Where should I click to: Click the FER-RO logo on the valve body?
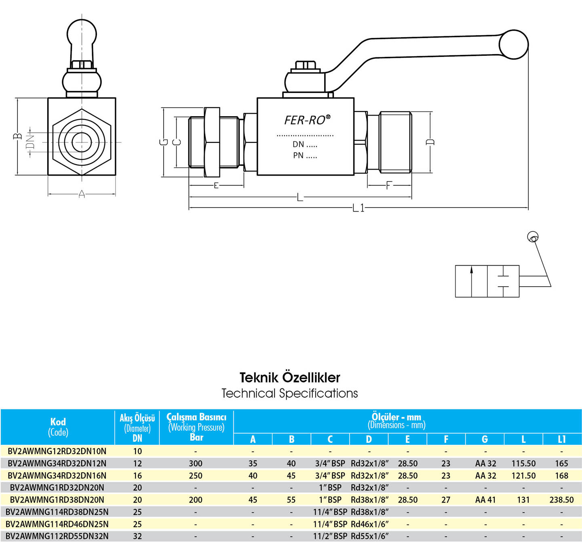[307, 120]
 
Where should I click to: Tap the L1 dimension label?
[358, 208]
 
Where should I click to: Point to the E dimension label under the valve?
[216, 185]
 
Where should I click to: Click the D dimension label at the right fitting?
[430, 142]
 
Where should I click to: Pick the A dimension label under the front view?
[82, 194]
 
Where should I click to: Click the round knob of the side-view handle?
[513, 45]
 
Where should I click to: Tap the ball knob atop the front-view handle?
[82, 33]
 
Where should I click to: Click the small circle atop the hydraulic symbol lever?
[532, 237]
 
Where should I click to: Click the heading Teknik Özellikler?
[290, 377]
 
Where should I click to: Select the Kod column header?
[58, 421]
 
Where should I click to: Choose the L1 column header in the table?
[561, 439]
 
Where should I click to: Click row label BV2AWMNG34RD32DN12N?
[57, 463]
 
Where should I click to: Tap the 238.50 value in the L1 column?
[561, 500]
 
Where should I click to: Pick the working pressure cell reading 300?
[196, 463]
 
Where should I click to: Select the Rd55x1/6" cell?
[369, 536]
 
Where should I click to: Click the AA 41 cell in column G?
[485, 500]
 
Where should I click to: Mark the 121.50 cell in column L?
[523, 476]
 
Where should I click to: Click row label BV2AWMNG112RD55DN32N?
[57, 536]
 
